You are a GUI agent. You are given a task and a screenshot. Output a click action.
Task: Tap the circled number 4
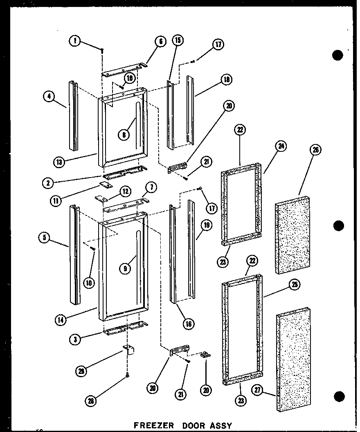49,97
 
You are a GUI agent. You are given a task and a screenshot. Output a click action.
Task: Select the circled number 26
315,150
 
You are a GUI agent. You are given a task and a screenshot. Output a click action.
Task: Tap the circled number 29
82,371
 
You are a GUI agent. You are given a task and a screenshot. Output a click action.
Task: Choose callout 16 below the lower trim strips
189,324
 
